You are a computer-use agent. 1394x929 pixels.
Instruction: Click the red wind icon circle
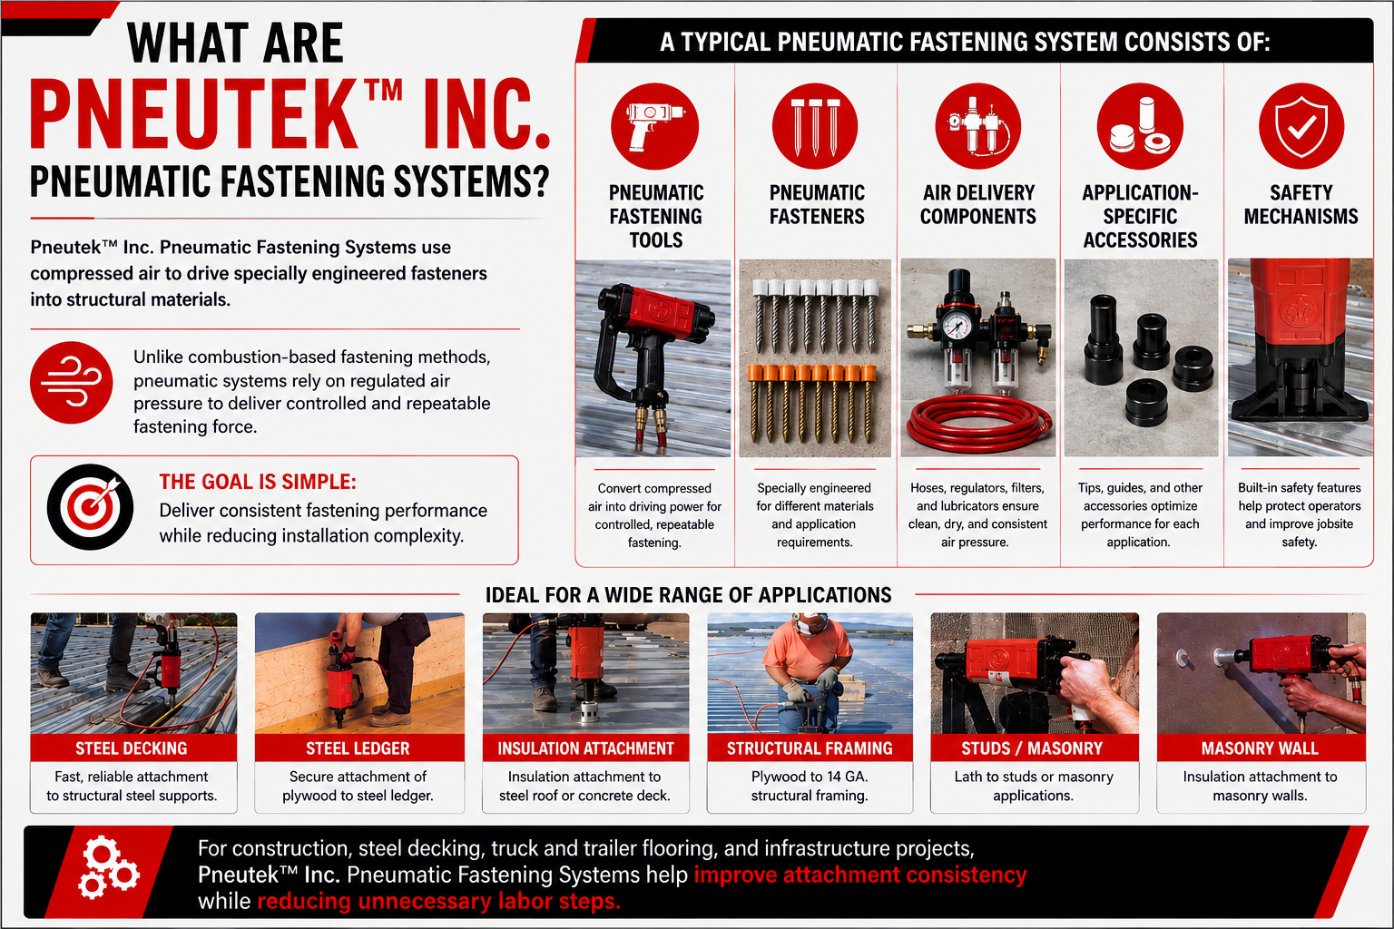coord(72,382)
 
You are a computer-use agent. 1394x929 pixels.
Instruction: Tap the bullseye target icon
coord(90,506)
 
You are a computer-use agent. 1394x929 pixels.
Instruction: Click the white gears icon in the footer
coord(108,867)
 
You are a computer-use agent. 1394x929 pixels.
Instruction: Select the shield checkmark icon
coord(1301,126)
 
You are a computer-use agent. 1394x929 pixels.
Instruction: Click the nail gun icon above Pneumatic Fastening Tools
coord(654,126)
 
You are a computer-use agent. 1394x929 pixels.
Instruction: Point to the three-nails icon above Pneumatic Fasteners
coord(815,126)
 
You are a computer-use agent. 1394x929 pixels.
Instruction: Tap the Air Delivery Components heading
coord(978,204)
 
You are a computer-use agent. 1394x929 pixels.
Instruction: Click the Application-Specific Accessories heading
coord(1140,216)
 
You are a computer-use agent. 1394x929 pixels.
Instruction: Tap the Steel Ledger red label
coord(359,748)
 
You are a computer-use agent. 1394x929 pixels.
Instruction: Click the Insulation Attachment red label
coord(585,748)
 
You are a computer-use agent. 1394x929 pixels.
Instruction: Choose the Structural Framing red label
coord(810,748)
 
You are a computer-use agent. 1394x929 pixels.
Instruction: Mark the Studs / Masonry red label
coord(1035,748)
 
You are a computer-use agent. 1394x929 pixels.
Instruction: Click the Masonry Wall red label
coord(1261,748)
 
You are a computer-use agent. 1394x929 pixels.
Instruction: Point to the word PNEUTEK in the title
coord(193,114)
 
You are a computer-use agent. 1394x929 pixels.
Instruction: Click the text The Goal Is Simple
coord(258,482)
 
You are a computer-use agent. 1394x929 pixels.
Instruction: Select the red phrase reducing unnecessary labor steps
coord(438,901)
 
